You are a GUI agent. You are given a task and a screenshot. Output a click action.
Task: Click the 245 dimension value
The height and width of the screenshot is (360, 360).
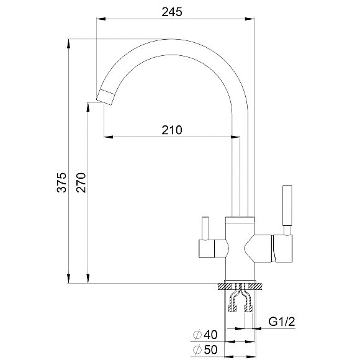click(x=172, y=12)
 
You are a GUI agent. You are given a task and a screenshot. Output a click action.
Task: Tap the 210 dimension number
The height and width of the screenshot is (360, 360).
click(x=172, y=130)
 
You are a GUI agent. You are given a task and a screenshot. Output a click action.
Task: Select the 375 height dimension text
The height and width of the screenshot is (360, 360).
click(x=61, y=182)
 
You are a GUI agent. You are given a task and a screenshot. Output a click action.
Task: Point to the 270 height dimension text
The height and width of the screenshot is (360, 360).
click(x=81, y=182)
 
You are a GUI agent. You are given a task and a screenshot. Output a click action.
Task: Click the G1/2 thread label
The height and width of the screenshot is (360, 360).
click(x=282, y=322)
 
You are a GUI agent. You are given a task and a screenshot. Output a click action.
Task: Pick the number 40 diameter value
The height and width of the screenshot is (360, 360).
click(x=210, y=335)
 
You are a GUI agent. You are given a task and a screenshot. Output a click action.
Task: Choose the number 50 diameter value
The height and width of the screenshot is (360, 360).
click(x=210, y=350)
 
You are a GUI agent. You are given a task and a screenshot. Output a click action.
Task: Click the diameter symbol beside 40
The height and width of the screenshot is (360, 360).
click(x=197, y=335)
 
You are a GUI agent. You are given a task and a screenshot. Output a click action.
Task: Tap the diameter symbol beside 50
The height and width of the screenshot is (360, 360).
click(x=197, y=350)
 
